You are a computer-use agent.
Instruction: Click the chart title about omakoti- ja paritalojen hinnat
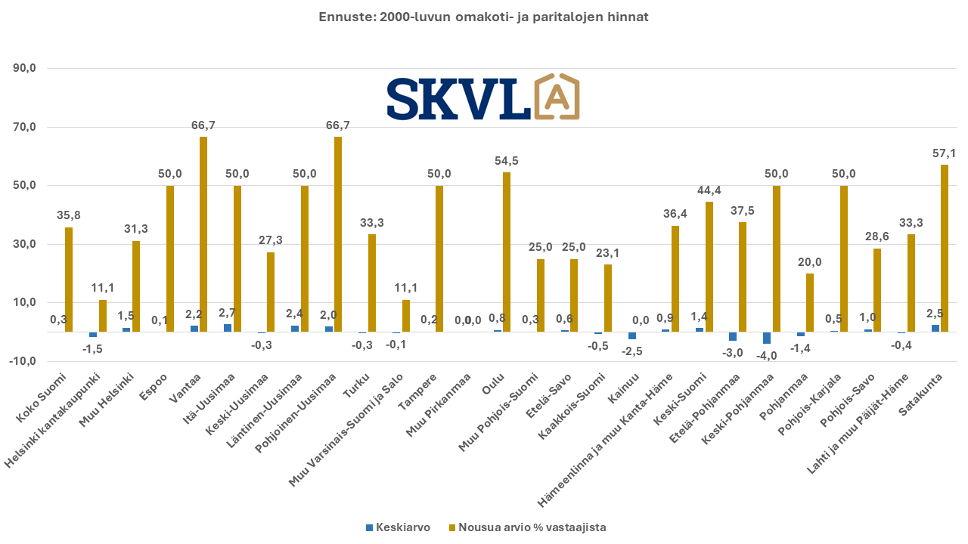(x=483, y=17)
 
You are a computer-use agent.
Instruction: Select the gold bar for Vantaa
(x=203, y=234)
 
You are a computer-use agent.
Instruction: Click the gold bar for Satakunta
(x=945, y=249)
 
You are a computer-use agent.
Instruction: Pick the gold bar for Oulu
(x=506, y=252)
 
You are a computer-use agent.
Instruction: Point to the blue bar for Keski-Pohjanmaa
(x=767, y=338)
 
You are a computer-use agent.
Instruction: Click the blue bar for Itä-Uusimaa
(x=228, y=328)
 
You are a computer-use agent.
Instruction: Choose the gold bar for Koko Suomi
(x=69, y=280)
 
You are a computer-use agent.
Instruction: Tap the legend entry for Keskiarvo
(x=398, y=527)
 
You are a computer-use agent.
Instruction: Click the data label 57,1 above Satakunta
(x=945, y=153)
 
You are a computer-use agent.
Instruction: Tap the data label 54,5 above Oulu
(x=506, y=161)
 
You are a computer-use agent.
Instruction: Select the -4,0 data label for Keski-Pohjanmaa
(x=767, y=356)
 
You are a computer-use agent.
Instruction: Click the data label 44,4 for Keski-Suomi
(x=709, y=190)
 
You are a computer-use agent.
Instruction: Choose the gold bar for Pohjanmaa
(x=810, y=302)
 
